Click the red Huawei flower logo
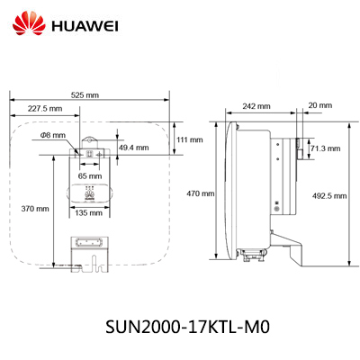click(x=29, y=23)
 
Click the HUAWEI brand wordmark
click(x=85, y=26)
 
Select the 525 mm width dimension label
click(x=85, y=95)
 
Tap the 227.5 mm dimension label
click(x=45, y=108)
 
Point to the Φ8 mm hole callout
click(x=53, y=135)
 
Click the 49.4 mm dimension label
click(x=134, y=148)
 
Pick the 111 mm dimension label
click(x=189, y=139)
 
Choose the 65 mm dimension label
click(x=90, y=176)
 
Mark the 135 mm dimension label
click(x=88, y=213)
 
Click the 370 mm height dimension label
click(x=35, y=209)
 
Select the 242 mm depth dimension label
click(x=256, y=106)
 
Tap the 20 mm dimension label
click(x=320, y=105)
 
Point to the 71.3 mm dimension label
click(x=326, y=148)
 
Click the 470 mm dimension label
click(x=201, y=193)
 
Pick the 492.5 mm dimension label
click(x=329, y=196)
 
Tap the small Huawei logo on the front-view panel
click(x=89, y=193)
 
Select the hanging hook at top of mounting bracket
click(x=89, y=141)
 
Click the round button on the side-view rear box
click(x=277, y=208)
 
